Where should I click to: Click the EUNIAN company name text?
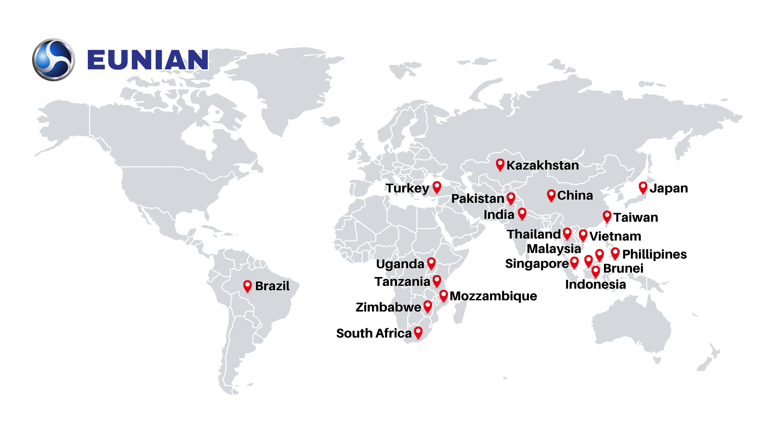tap(148, 60)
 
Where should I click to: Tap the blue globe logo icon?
tap(53, 60)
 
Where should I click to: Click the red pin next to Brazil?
tap(247, 286)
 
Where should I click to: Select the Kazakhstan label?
tap(542, 165)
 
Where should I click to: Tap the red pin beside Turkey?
tap(437, 187)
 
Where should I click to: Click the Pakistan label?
tap(477, 198)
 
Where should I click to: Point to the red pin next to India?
tap(522, 213)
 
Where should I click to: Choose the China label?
tap(575, 195)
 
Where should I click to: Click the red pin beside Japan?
tap(643, 187)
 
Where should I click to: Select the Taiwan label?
tap(636, 217)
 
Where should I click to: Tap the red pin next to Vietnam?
tap(583, 235)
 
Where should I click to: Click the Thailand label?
tap(533, 234)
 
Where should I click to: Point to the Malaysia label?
tap(553, 249)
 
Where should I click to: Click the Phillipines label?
tap(654, 254)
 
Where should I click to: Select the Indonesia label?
tap(595, 284)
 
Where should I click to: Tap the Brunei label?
tap(623, 268)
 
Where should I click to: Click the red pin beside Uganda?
tap(431, 263)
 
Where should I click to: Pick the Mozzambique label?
tap(493, 296)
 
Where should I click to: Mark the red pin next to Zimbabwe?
tap(428, 306)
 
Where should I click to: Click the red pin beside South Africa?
tap(418, 332)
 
